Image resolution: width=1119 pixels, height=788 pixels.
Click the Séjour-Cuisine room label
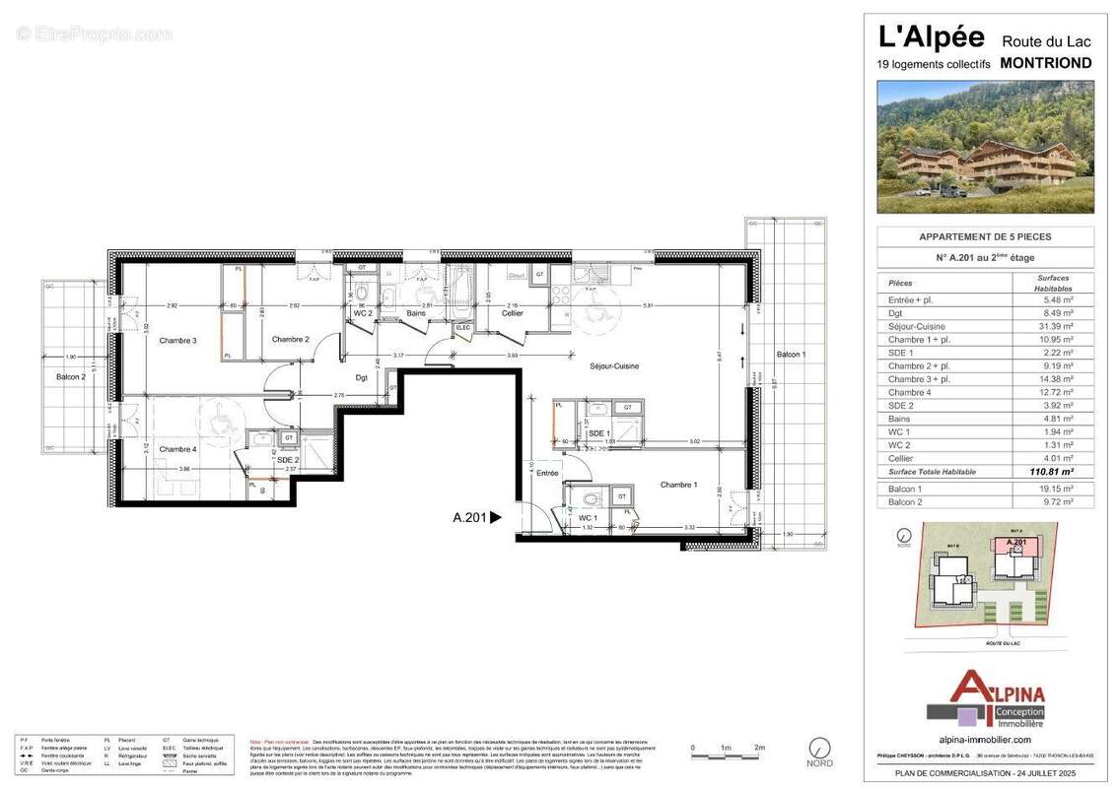point(614,365)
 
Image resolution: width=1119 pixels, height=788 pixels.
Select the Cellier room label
point(512,313)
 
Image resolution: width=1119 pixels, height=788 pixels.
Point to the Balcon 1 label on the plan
point(791,354)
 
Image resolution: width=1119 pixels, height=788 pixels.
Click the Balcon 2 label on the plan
point(69,376)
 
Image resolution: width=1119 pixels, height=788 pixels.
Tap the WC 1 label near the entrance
point(587,517)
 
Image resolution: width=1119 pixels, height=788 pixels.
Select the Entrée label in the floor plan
point(546,474)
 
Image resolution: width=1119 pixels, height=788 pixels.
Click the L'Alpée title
point(931,37)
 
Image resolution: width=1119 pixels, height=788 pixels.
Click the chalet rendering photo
point(985,147)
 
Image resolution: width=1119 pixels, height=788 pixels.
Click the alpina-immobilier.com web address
point(985,739)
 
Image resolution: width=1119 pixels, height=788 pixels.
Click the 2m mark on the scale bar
point(759,749)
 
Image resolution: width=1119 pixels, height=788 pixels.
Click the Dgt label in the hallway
point(361,376)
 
